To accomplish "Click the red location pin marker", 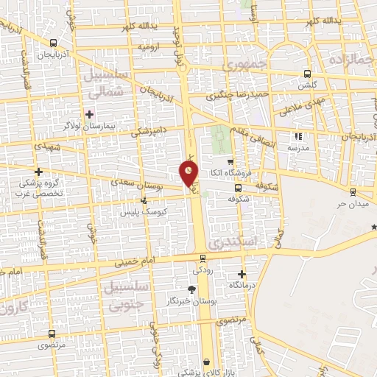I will pyautogui.click(x=189, y=173).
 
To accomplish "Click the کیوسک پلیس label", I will pyautogui.click(x=144, y=211).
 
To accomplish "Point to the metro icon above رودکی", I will pyautogui.click(x=202, y=258).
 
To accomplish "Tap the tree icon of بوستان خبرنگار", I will pyautogui.click(x=193, y=289).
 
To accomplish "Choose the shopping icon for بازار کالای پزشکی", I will pyautogui.click(x=208, y=362).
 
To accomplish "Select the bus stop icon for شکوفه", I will pyautogui.click(x=237, y=188).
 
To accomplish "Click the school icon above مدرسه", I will pyautogui.click(x=298, y=136).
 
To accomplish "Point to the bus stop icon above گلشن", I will pyautogui.click(x=308, y=74).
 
